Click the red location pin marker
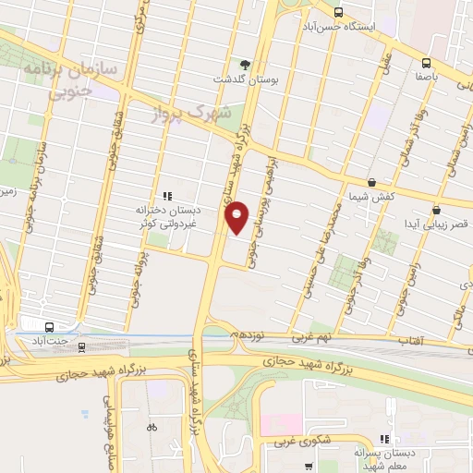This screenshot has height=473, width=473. [237, 218]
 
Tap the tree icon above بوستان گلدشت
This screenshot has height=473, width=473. [245, 64]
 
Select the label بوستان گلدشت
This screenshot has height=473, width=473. [245, 79]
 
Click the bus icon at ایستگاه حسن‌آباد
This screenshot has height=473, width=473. [338, 13]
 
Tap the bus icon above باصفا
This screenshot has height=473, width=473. [426, 63]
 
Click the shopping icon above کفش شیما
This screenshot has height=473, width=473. [370, 183]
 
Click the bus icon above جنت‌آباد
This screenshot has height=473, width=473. [48, 325]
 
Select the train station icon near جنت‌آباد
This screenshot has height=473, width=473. [81, 346]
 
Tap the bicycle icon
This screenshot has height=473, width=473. [152, 427]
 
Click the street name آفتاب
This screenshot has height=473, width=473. [409, 341]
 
